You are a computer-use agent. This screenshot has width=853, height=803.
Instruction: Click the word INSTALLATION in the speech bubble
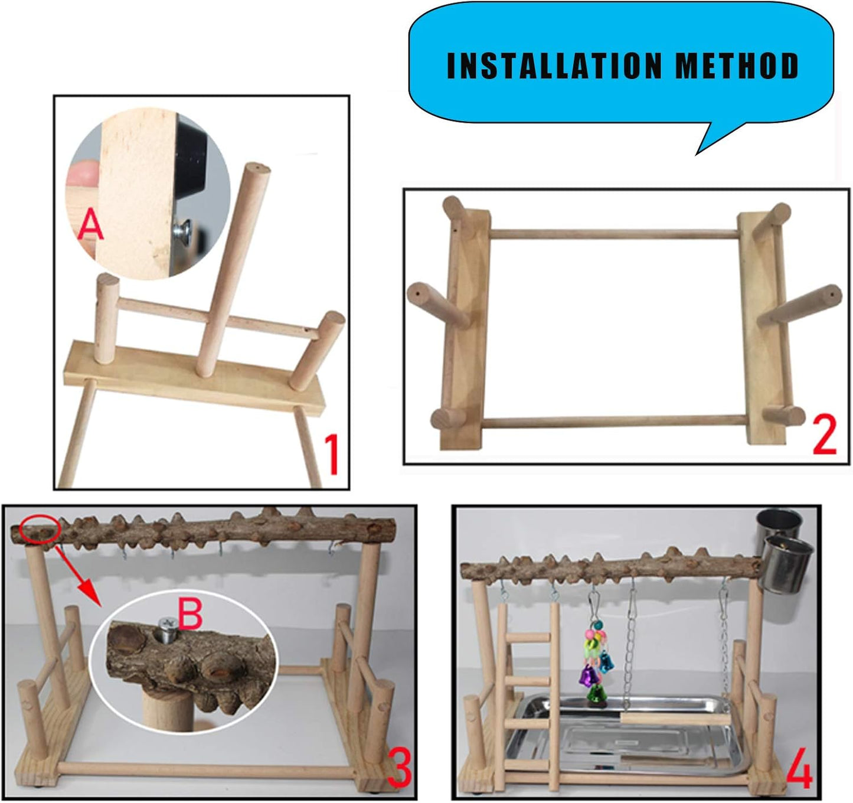554,66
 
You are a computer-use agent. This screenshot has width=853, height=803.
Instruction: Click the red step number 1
332,454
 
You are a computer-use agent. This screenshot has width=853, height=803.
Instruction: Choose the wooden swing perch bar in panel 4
673,718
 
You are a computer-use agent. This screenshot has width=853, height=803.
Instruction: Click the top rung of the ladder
525,637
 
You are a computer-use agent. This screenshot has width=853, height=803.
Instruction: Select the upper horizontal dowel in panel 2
614,234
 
